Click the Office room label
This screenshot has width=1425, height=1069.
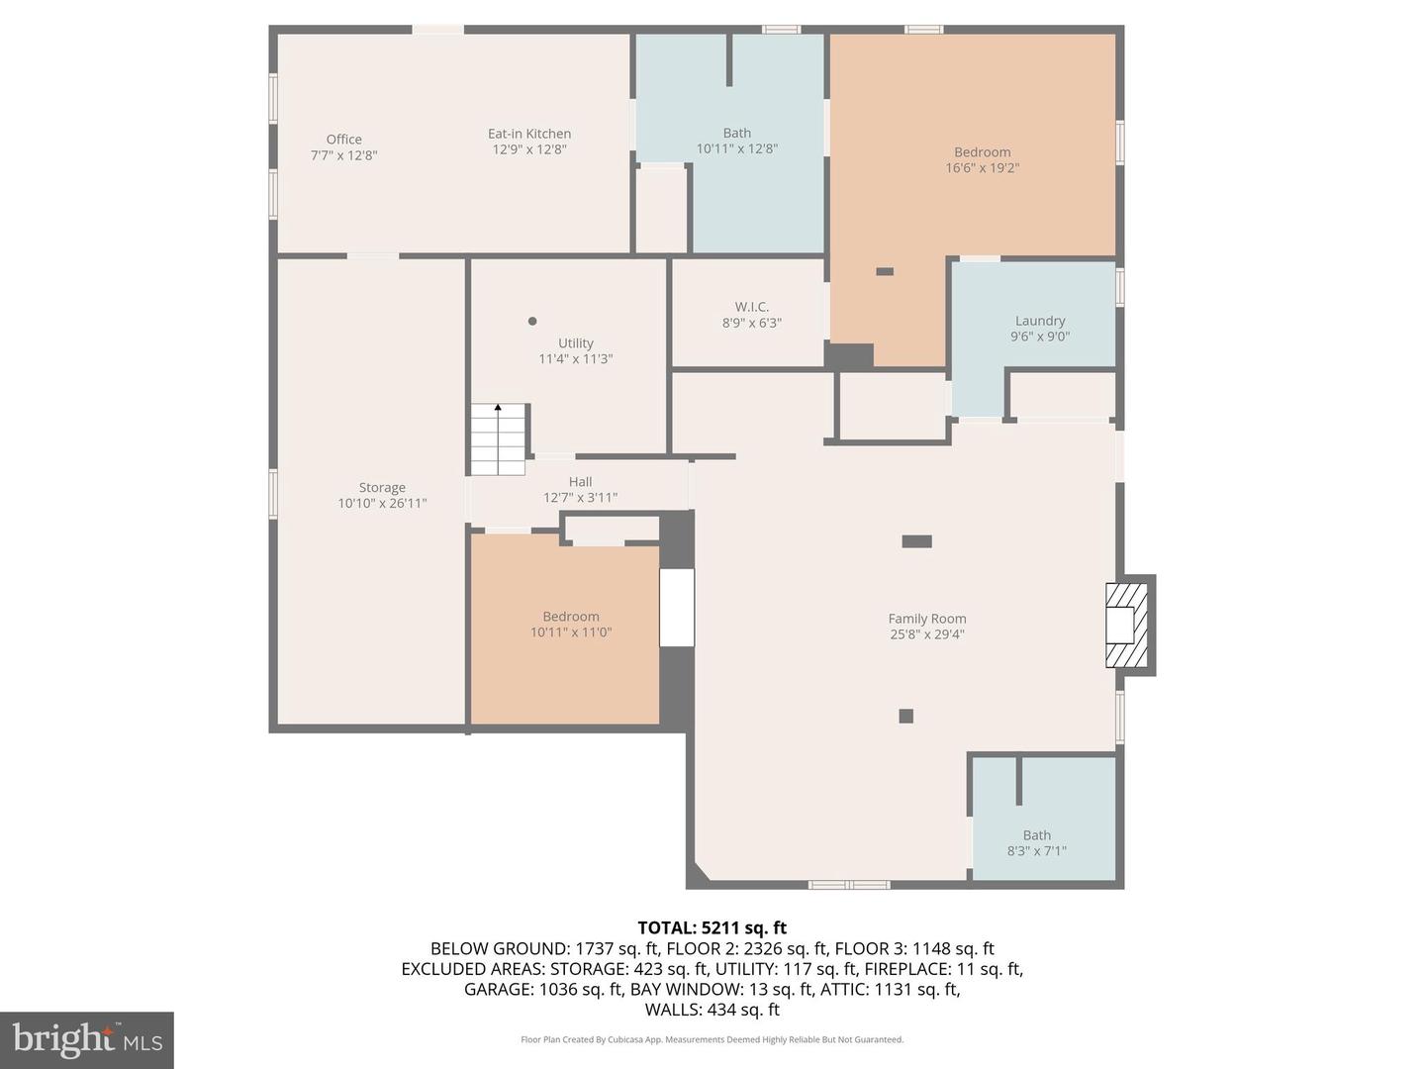point(344,140)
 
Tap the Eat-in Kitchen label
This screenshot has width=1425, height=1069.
point(529,134)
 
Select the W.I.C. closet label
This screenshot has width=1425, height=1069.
point(752,307)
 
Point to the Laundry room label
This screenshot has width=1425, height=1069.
point(1040,321)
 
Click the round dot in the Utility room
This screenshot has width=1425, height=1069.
point(532,321)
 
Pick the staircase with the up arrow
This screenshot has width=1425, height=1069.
point(498,439)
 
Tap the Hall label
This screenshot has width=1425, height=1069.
point(580,482)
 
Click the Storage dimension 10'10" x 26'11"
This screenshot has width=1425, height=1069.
point(382,503)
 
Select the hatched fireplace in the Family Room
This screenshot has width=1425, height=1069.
point(1126,625)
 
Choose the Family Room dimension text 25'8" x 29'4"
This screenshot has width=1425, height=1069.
point(927,634)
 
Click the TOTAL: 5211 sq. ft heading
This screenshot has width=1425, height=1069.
point(712,927)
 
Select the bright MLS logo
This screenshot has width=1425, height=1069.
point(87,1039)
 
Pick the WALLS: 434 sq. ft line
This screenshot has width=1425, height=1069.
point(712,1010)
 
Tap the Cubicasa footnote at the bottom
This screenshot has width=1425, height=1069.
point(712,1039)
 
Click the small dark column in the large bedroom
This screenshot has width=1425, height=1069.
point(885,271)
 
